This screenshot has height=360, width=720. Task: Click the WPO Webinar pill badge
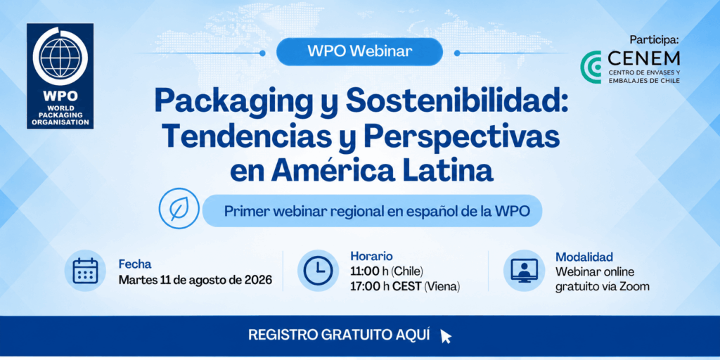coord(359,51)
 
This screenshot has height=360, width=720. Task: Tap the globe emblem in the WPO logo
coord(60,56)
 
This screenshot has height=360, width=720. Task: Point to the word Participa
coord(654,40)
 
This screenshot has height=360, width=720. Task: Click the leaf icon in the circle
coord(179,208)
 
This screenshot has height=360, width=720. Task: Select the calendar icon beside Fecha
coord(85,271)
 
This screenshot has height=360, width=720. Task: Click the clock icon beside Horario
coord(318,271)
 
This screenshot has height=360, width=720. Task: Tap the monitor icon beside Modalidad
coord(524,271)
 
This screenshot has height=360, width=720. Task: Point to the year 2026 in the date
coord(256,279)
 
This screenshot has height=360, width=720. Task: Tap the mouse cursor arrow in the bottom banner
coord(445,336)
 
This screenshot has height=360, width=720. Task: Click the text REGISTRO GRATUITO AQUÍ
coord(339,335)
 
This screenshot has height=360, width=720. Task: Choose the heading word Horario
coord(371,256)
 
